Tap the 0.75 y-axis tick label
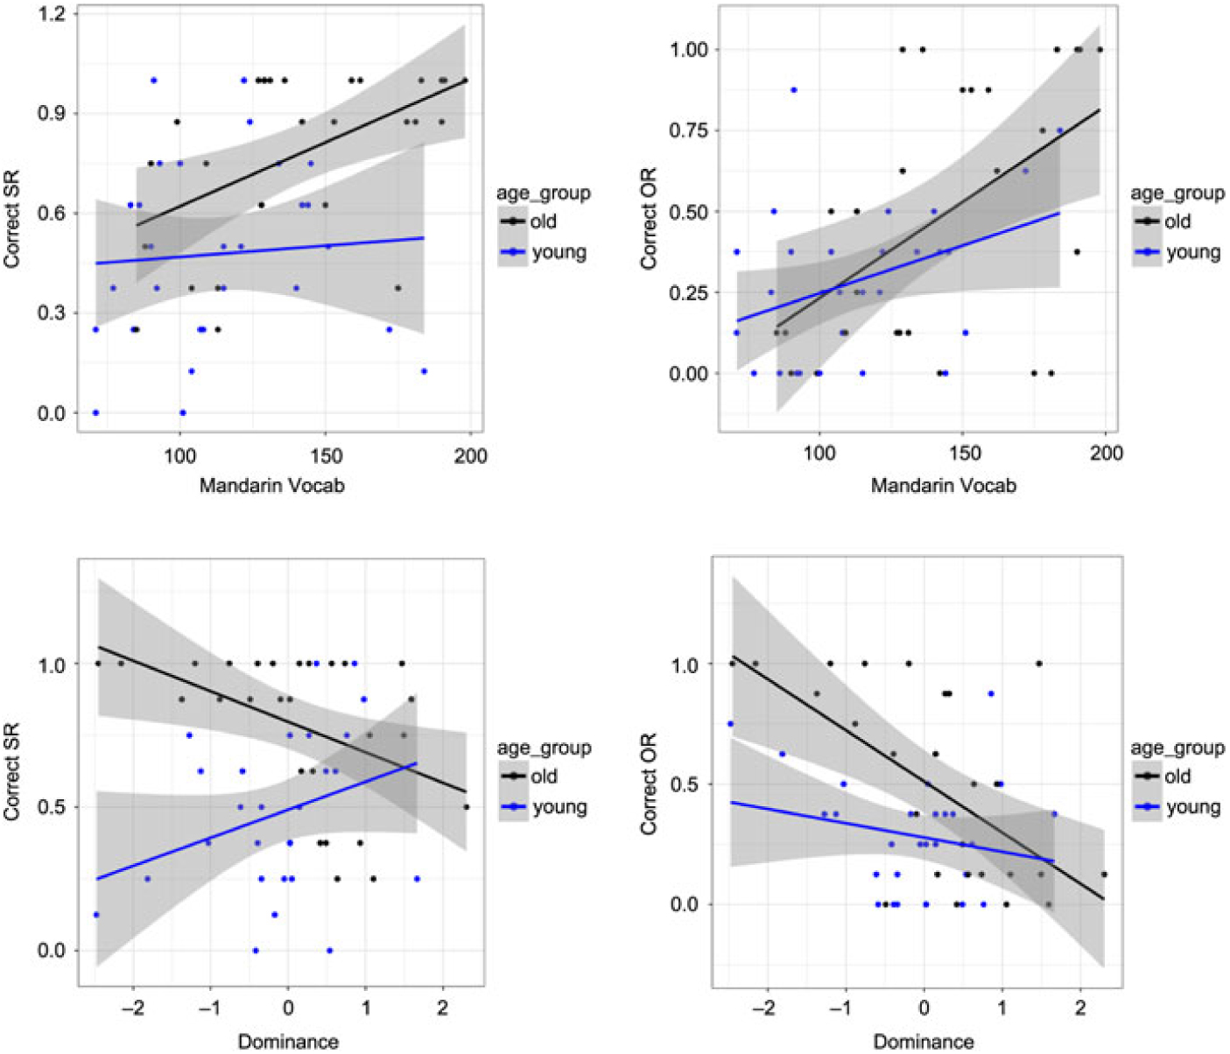688,130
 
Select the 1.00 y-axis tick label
688,50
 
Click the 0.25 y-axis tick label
688,292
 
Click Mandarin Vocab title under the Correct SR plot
271,485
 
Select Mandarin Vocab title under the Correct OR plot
943,485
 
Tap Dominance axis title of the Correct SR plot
288,1042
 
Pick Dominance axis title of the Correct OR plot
924,1042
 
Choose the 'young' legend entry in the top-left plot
558,253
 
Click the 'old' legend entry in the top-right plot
1177,221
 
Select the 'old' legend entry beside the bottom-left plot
544,776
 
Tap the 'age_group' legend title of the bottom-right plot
1177,748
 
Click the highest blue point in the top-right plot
793,90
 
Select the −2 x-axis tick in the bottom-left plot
132,1008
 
